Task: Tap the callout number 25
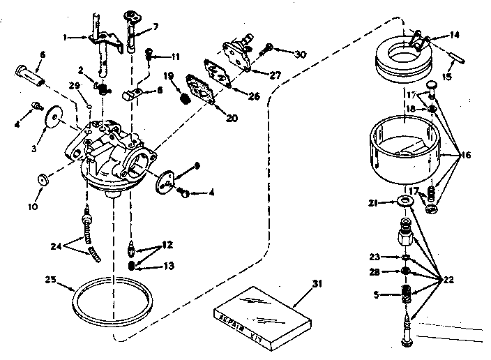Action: coord(48,280)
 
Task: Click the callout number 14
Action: coord(454,33)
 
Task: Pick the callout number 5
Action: coord(377,294)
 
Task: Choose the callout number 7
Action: coord(156,27)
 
